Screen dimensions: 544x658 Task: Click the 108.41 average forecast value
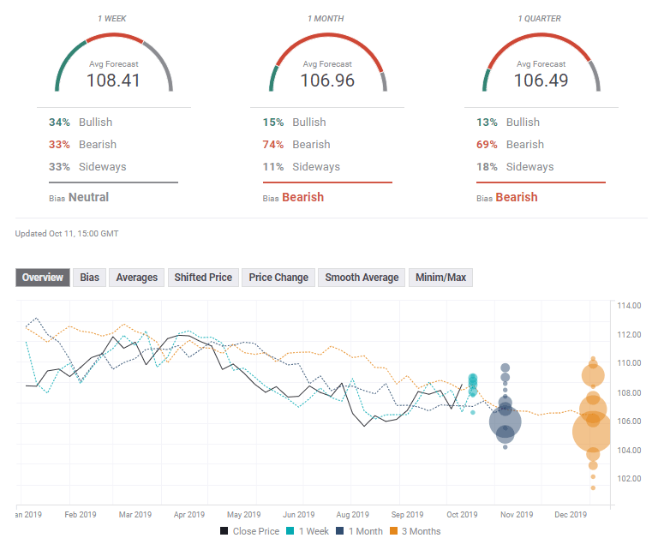click(113, 81)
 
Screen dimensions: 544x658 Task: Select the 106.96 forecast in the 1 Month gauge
click(327, 81)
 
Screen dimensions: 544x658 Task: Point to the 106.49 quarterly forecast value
click(541, 81)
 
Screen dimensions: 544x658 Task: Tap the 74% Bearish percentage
click(274, 145)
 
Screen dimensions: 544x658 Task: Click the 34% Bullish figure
click(60, 123)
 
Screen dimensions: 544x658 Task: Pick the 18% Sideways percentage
click(488, 167)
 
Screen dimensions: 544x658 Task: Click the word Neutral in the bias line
click(89, 197)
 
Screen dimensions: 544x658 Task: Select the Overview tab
click(43, 278)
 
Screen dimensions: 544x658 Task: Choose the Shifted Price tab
click(203, 278)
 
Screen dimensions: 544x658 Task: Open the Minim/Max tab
click(441, 278)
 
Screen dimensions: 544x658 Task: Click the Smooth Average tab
click(362, 278)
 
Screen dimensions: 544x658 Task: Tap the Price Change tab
click(278, 278)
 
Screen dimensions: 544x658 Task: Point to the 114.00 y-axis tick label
click(630, 306)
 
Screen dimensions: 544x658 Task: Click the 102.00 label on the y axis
click(630, 479)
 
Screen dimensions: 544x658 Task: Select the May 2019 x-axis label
click(244, 515)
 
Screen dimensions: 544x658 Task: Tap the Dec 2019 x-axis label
click(571, 515)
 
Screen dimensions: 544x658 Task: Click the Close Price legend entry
click(249, 531)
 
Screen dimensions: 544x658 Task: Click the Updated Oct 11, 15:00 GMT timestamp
click(67, 233)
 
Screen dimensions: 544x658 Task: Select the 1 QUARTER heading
click(541, 18)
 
